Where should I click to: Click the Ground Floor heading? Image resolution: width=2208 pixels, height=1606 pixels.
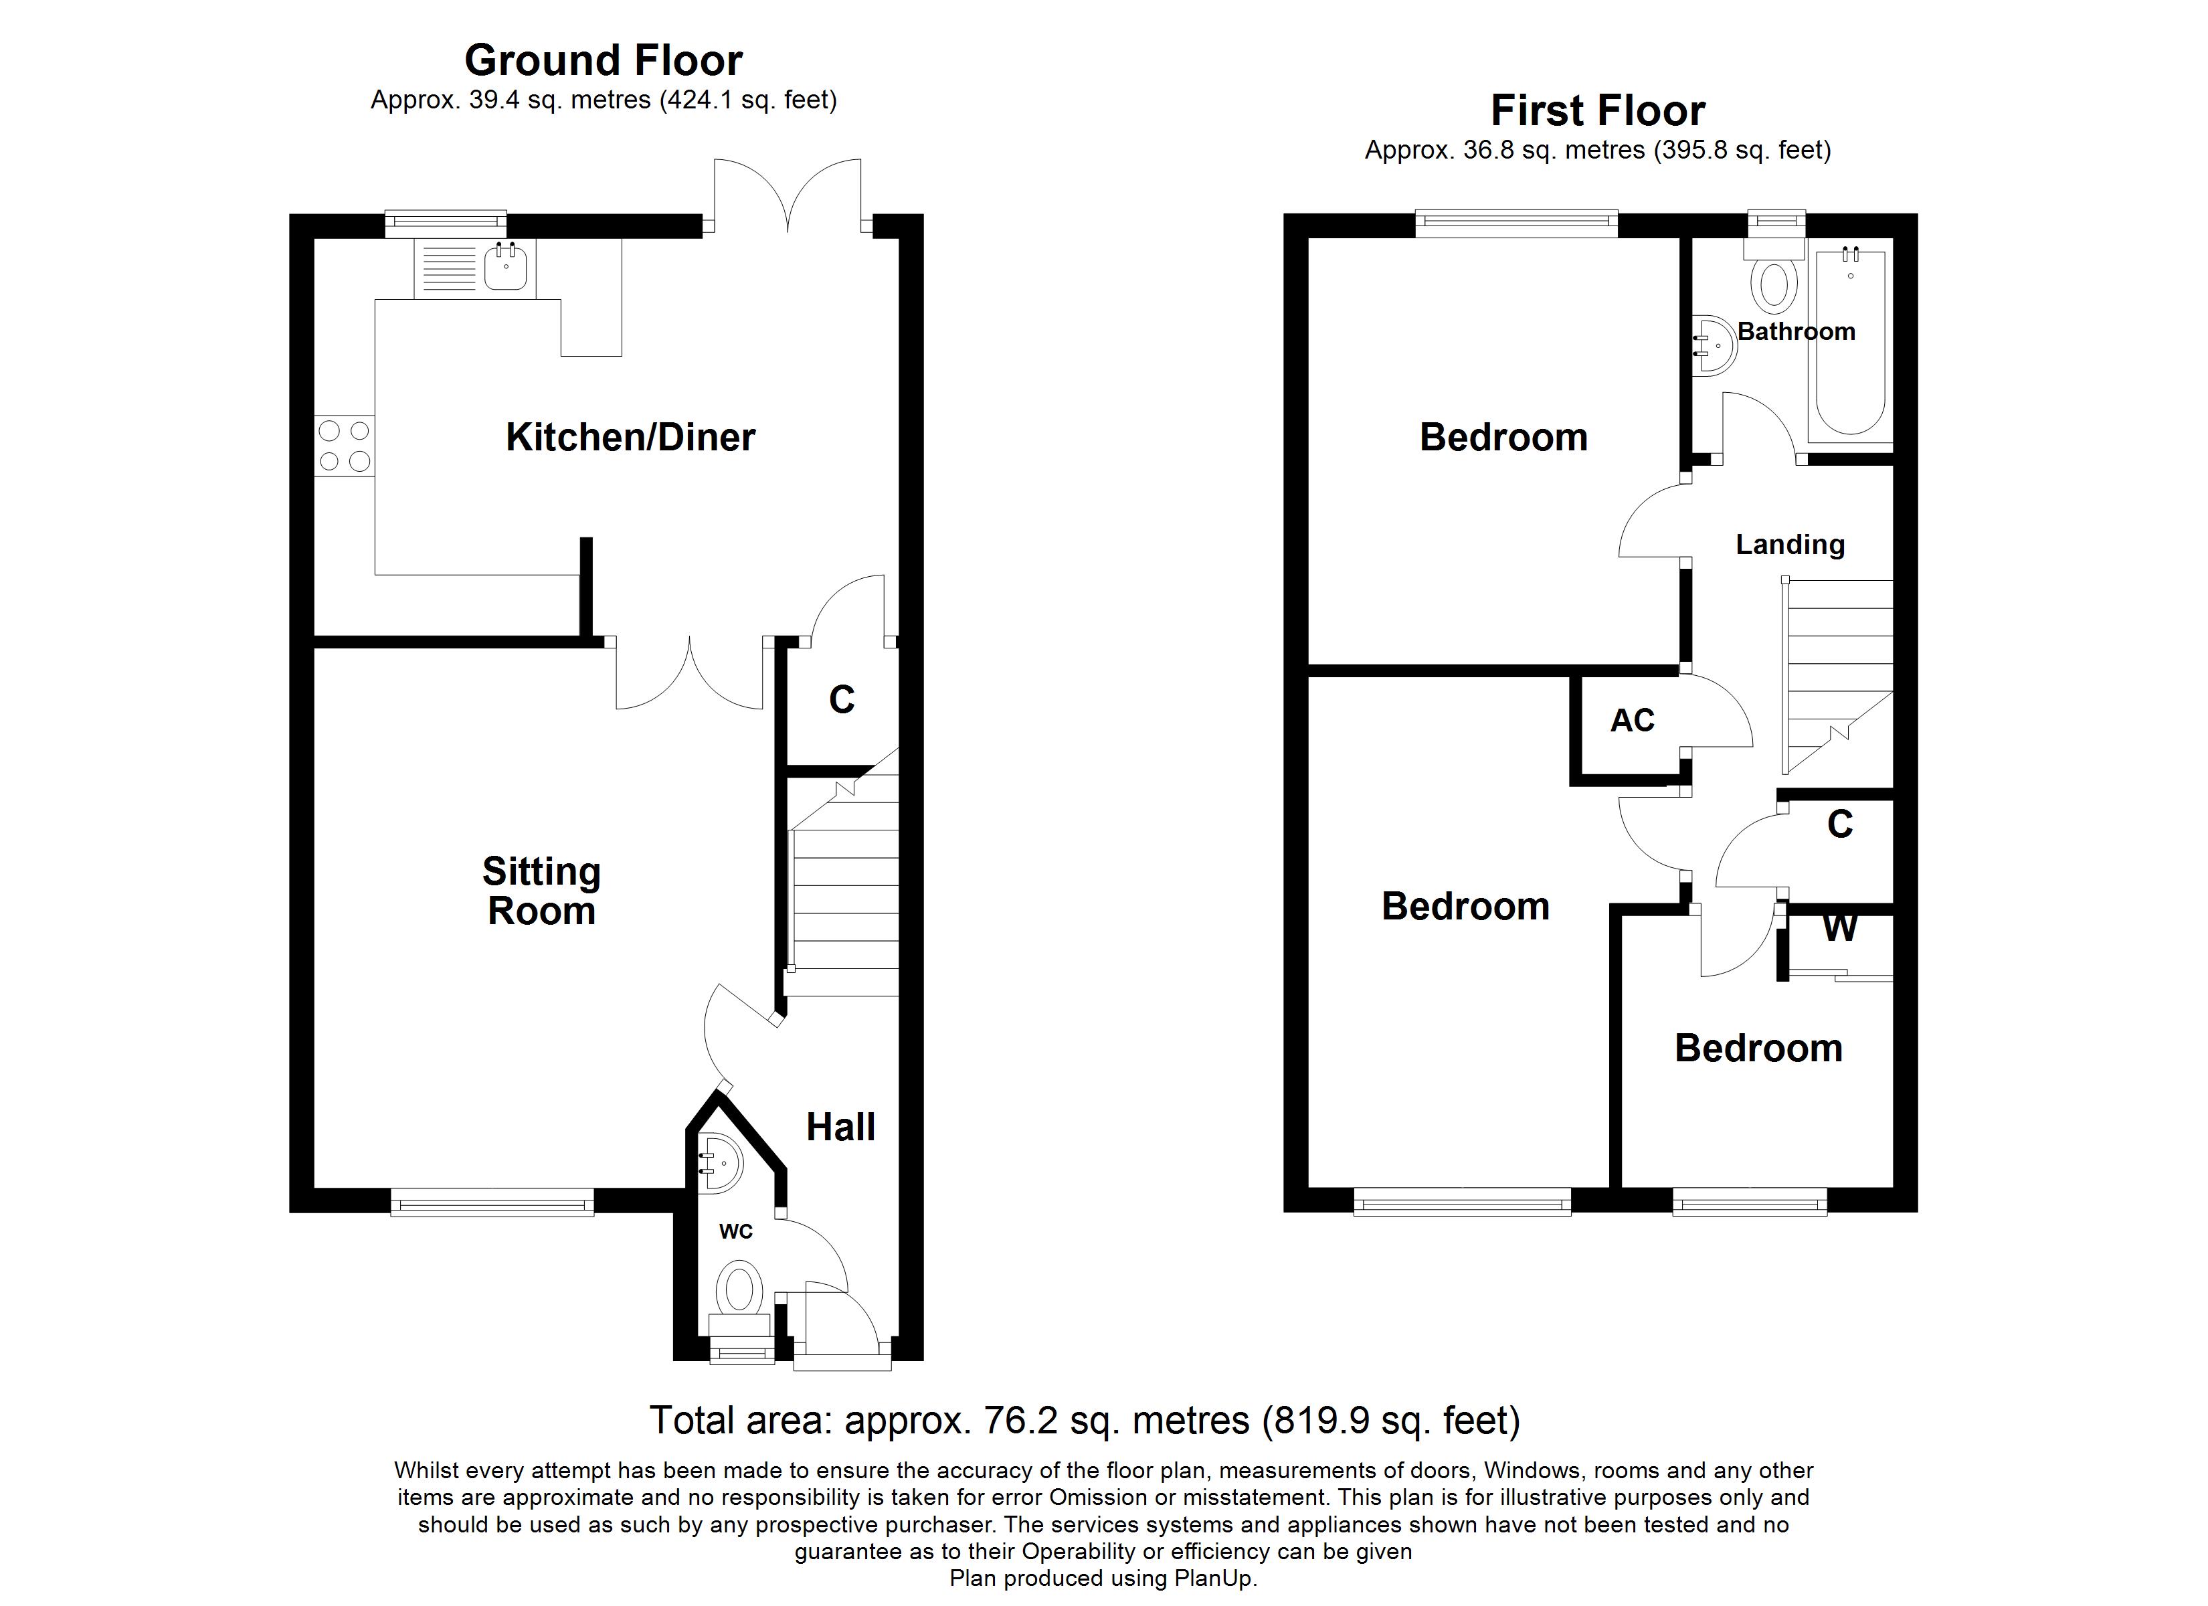(603, 60)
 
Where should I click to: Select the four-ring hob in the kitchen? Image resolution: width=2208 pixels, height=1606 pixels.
(345, 446)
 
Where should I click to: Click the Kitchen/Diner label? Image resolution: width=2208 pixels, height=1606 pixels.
(630, 437)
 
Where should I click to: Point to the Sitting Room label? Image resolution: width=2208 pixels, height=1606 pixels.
(541, 891)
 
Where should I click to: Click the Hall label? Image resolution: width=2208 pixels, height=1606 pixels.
(840, 1127)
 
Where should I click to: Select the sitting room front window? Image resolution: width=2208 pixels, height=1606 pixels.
(492, 1202)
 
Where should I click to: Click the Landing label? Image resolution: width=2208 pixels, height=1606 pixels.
(1789, 545)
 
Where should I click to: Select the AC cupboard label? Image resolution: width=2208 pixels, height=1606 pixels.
(1633, 721)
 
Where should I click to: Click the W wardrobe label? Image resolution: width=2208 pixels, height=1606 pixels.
(1840, 928)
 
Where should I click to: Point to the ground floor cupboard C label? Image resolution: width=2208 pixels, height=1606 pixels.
(841, 699)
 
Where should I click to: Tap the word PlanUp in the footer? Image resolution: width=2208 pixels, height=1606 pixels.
(1214, 1579)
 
